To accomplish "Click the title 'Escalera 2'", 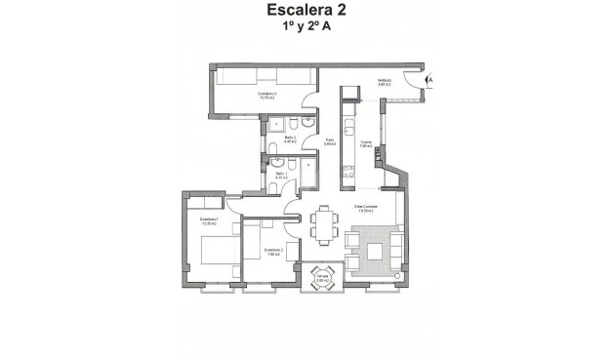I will (x=307, y=12).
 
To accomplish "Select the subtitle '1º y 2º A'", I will (x=307, y=30).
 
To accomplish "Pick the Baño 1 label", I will (x=280, y=176).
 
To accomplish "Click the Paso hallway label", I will (x=330, y=142).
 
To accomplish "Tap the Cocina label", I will (x=367, y=144).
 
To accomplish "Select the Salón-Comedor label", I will (x=366, y=208).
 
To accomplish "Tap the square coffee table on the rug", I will (x=377, y=250).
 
